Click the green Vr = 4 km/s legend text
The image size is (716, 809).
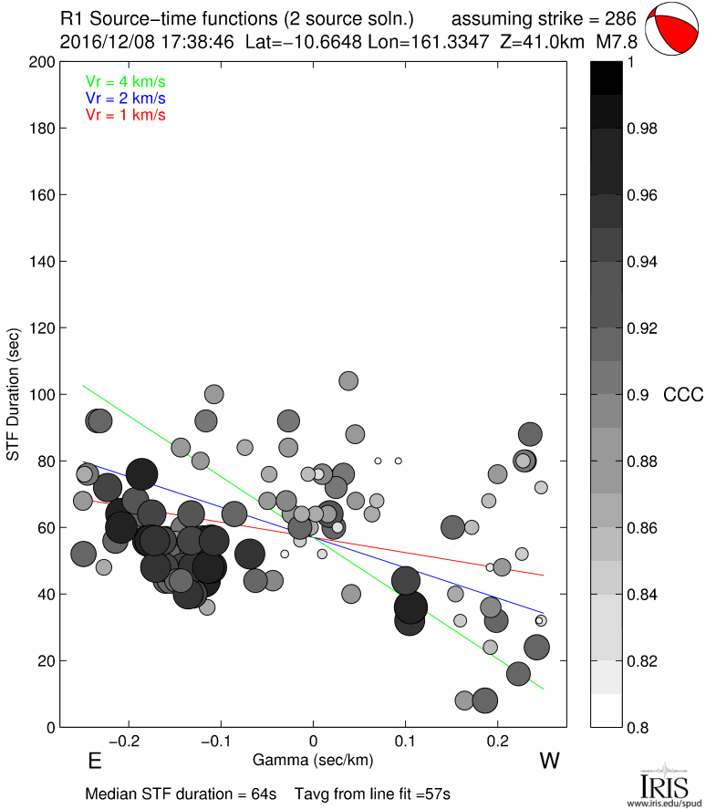[125, 81]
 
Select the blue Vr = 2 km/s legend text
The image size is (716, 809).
[125, 98]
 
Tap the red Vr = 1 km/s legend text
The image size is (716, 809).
[125, 114]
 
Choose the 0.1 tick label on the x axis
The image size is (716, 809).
[406, 739]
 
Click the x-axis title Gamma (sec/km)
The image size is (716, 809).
[313, 760]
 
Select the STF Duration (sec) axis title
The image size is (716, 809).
[15, 394]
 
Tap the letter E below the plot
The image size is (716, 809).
[93, 762]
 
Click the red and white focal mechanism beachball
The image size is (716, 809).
[674, 28]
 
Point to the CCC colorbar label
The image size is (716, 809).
[683, 395]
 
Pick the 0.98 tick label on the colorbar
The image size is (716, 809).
[643, 129]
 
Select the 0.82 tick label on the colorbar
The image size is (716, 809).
[643, 660]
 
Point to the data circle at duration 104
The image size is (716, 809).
[348, 380]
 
